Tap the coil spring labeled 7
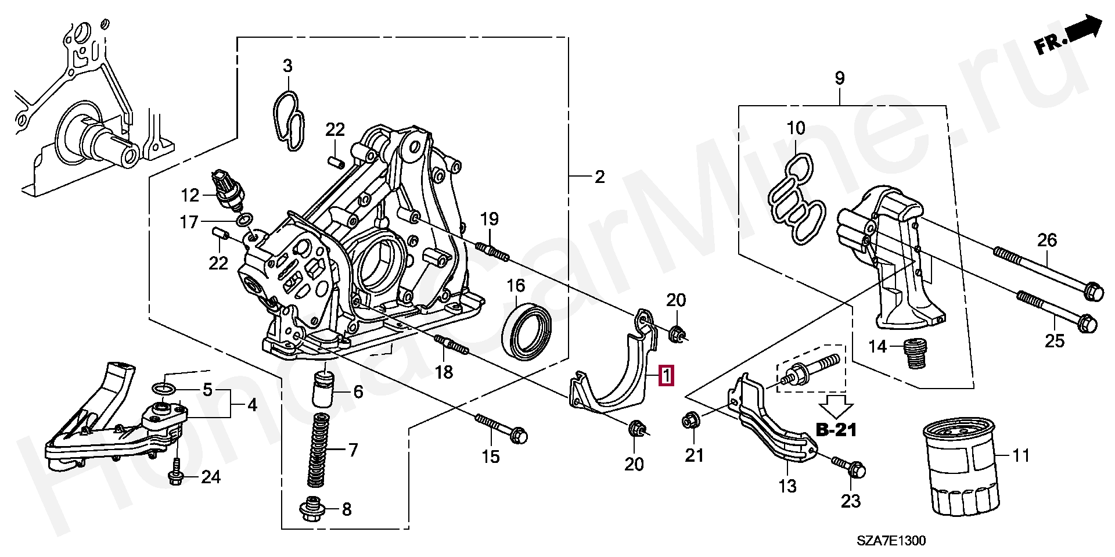318,450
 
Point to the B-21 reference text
836,430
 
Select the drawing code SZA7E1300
891,541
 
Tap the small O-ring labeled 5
163,388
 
